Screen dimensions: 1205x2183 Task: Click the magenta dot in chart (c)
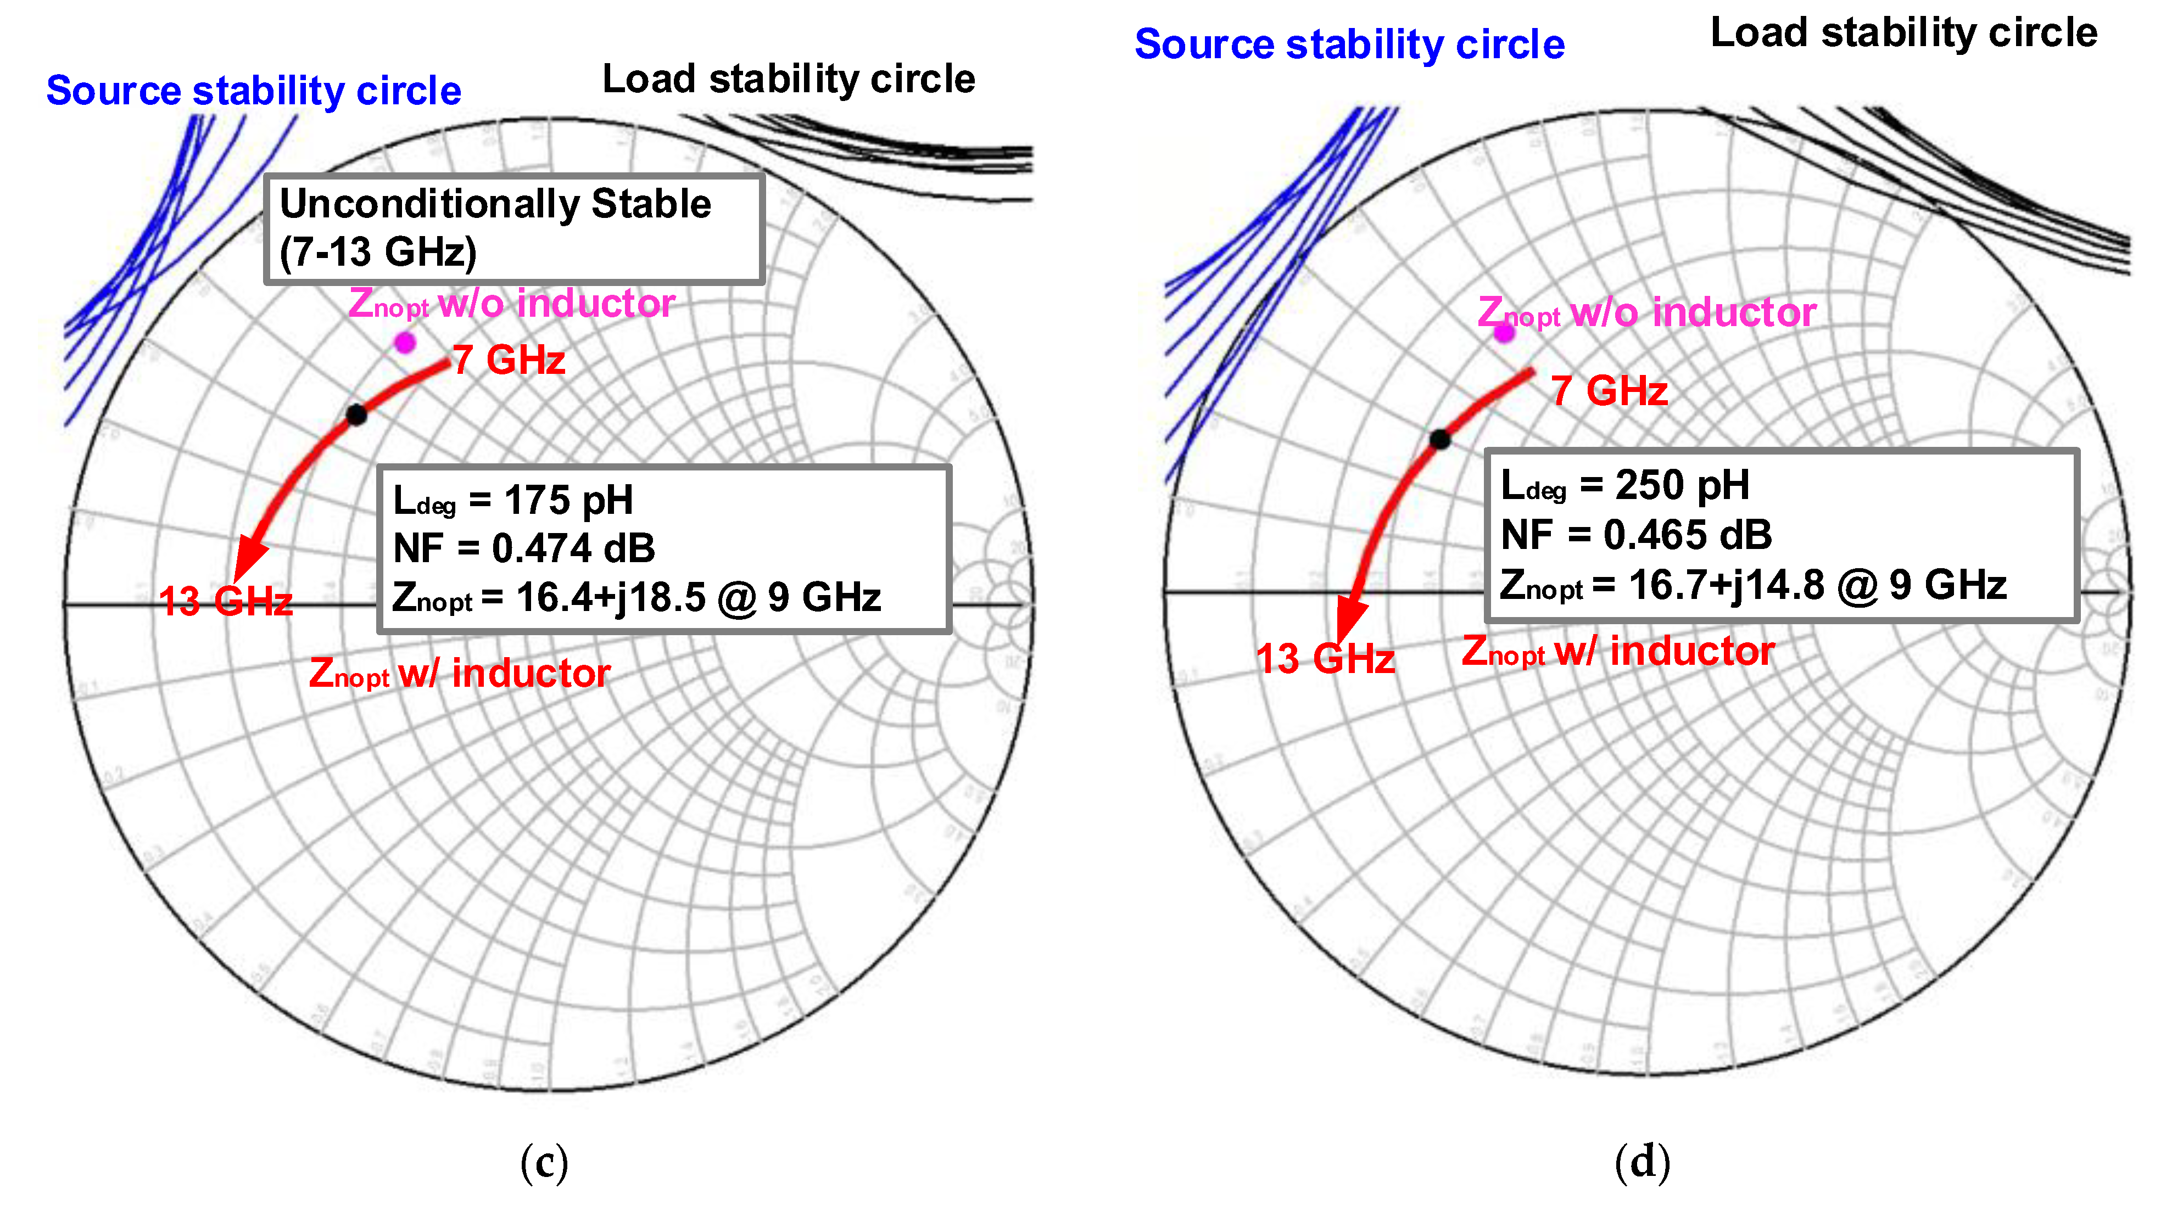[x=405, y=343]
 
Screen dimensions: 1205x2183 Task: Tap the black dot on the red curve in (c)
[x=357, y=415]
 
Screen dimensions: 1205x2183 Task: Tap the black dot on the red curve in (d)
[x=1440, y=439]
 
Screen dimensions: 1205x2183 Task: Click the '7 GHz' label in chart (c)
[x=509, y=360]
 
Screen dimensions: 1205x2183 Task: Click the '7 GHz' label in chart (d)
[x=1609, y=391]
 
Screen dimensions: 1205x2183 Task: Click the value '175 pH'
[x=568, y=500]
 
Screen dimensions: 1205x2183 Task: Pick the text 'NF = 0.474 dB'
[x=524, y=548]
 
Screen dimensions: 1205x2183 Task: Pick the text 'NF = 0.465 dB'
[x=1635, y=535]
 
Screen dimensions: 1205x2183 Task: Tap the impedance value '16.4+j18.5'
[x=610, y=597]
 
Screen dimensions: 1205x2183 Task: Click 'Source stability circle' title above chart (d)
[x=1349, y=44]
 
